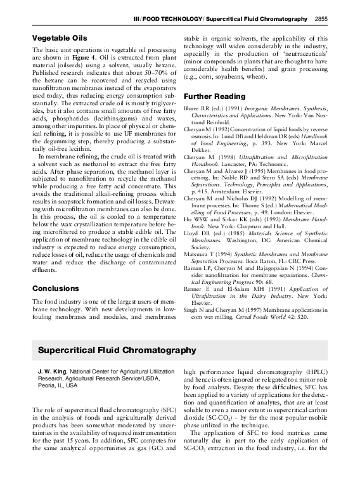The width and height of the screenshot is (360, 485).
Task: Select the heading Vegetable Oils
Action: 59,39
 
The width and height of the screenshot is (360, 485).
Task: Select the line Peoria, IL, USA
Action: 56,385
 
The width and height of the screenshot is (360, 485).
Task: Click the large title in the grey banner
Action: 117,350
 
